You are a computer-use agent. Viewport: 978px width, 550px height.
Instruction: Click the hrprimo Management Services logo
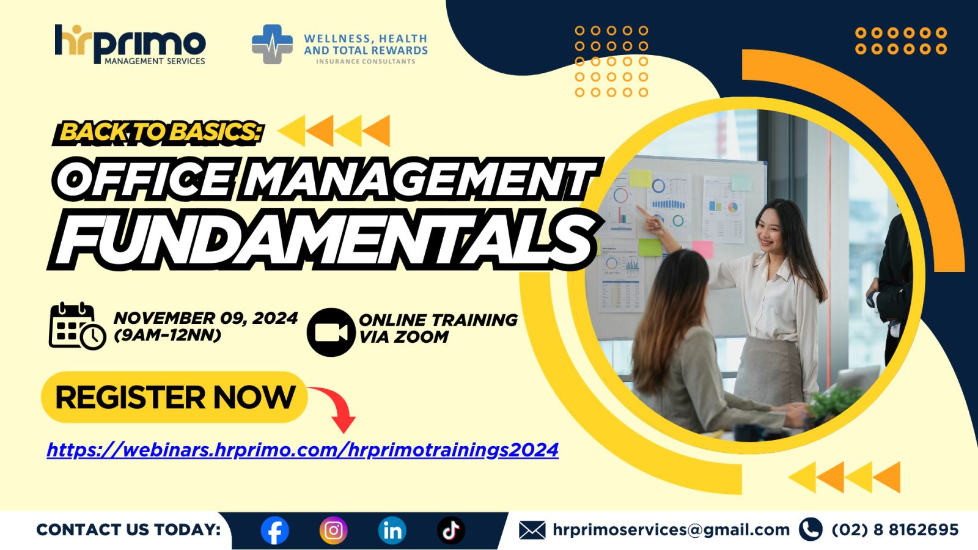point(130,44)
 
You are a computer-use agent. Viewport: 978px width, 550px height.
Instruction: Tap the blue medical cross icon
point(273,44)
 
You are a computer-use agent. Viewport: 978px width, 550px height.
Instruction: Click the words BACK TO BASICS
point(161,132)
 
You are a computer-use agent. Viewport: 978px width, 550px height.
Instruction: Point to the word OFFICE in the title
point(144,179)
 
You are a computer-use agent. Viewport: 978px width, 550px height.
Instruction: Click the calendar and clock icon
point(76,326)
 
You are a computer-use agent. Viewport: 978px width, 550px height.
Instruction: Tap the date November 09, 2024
point(205,318)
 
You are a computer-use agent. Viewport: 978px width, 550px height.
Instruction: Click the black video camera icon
point(331,332)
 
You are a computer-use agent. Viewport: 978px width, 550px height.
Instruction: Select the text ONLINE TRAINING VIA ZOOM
point(437,328)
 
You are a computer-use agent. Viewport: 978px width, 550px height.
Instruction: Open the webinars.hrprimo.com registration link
point(303,450)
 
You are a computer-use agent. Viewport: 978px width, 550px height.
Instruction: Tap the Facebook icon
point(274,530)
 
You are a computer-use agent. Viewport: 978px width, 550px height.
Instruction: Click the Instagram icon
point(333,530)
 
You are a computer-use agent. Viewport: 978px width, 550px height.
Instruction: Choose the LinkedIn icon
point(392,530)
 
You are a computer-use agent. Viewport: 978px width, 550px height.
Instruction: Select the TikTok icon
point(451,530)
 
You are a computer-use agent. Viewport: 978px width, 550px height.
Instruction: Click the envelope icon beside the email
point(532,530)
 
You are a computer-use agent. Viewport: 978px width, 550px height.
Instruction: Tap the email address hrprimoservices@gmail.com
point(671,530)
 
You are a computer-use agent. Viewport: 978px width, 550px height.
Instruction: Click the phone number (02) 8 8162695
point(895,530)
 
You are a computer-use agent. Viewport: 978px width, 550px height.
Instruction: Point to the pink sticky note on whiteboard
point(702,249)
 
